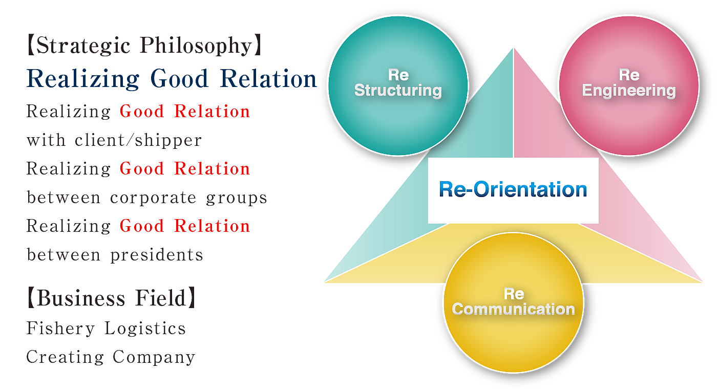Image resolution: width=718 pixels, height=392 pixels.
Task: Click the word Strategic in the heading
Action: click(x=83, y=46)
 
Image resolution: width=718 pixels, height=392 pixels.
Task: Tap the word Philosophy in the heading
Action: click(x=196, y=46)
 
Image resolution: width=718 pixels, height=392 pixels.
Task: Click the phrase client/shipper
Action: click(x=138, y=140)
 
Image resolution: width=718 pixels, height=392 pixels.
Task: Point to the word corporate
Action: click(x=153, y=198)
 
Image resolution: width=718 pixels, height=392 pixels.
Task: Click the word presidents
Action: click(x=157, y=255)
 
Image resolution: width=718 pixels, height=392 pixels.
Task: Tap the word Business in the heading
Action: click(x=81, y=298)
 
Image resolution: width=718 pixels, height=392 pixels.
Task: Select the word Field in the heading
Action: click(x=161, y=298)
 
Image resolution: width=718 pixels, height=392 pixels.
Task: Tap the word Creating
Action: click(x=65, y=357)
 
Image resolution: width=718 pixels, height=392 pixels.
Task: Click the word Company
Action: click(x=154, y=357)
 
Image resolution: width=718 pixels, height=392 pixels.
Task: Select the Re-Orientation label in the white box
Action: click(x=513, y=189)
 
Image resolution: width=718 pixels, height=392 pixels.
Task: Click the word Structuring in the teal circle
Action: click(x=398, y=91)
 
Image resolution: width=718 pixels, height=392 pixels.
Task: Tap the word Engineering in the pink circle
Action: click(x=629, y=91)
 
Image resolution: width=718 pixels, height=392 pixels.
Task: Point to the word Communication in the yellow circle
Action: click(x=514, y=309)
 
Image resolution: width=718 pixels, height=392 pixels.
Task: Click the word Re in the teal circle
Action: click(x=398, y=75)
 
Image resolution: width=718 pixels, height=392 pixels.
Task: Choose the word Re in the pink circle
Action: click(x=629, y=75)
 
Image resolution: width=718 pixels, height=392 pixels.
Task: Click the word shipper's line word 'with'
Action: click(x=46, y=140)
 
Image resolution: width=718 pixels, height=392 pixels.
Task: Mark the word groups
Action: click(x=237, y=198)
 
